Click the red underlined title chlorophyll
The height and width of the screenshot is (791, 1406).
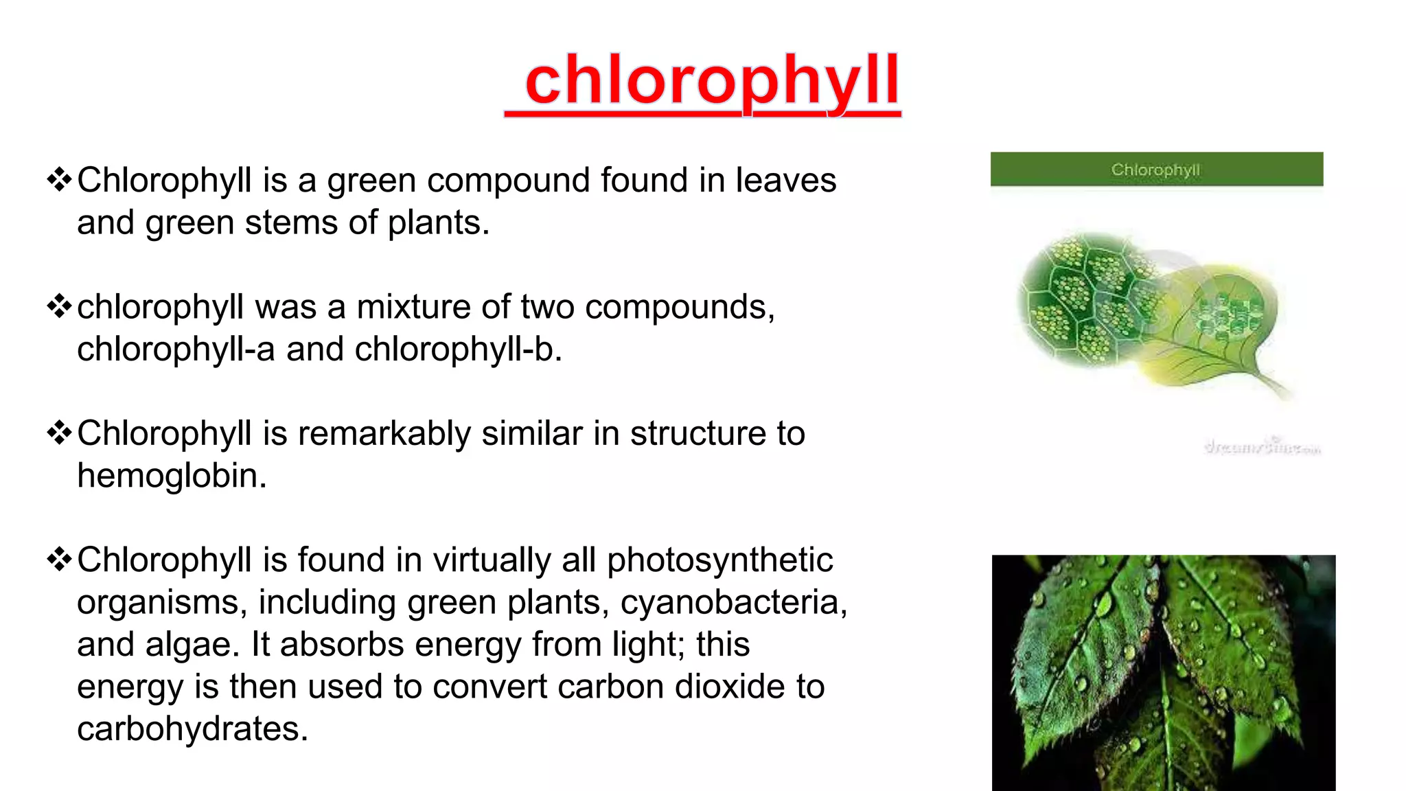(x=711, y=82)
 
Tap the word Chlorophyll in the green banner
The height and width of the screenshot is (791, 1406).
(x=1155, y=170)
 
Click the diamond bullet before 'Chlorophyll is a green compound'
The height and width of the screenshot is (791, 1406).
(x=60, y=180)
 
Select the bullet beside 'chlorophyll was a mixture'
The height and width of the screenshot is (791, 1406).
(x=60, y=306)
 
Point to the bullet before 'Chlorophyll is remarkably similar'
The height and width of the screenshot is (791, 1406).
(x=60, y=433)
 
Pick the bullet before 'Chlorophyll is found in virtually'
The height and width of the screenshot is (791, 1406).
(x=60, y=560)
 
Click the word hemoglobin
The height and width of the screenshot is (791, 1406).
(x=172, y=476)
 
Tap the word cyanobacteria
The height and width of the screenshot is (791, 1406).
(x=733, y=602)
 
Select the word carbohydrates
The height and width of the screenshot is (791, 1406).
(x=192, y=729)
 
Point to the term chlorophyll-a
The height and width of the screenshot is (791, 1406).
(x=176, y=349)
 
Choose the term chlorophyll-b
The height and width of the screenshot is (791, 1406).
(x=458, y=349)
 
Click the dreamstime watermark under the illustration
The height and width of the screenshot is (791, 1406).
(x=1262, y=447)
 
